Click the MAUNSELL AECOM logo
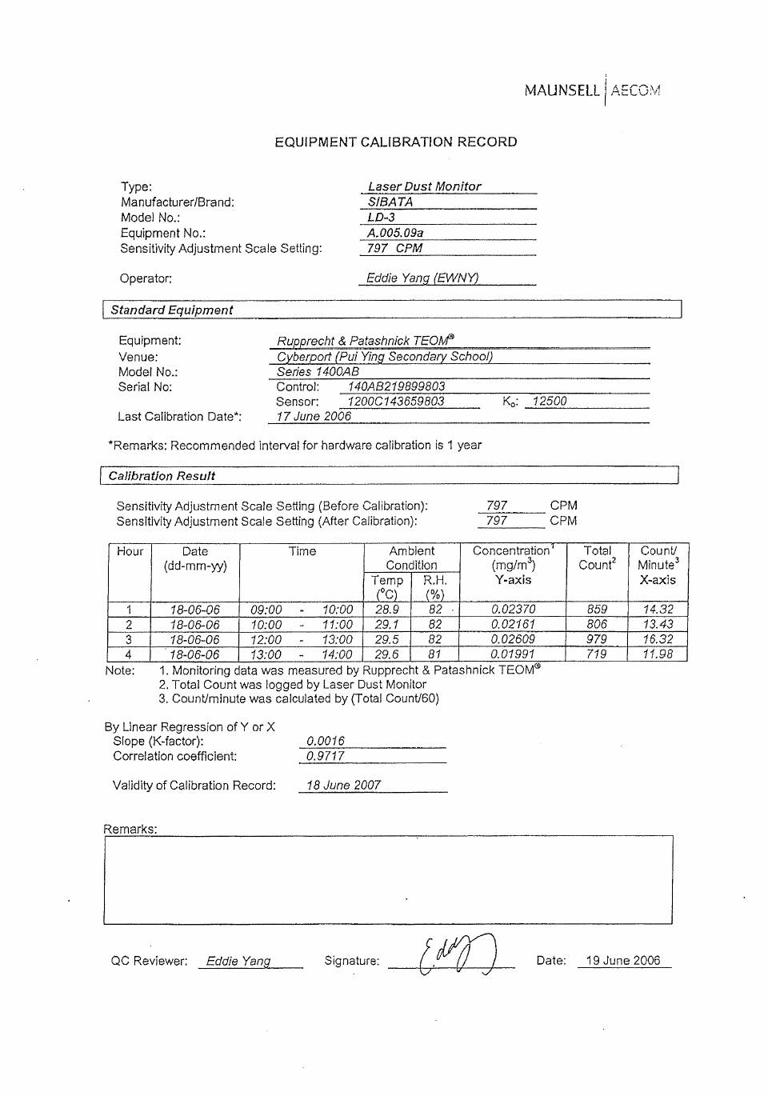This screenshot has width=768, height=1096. coord(592,90)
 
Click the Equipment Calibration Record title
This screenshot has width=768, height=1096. coord(396,142)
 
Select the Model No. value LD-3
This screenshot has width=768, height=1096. coord(382,218)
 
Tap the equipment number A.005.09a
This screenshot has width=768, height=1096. coord(395,233)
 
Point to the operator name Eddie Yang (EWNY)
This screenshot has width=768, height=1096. coord(422,278)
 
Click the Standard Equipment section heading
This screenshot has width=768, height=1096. coord(172,310)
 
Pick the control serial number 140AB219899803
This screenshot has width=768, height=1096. coord(396,386)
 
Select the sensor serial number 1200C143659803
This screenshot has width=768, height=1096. coord(396,402)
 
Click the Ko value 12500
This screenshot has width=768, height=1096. coord(550,402)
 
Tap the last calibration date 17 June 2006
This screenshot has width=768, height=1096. coord(314,417)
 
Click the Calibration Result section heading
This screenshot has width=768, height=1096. coord(162,476)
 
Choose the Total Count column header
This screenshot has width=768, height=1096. coord(597,558)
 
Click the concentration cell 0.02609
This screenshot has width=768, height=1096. coord(513,639)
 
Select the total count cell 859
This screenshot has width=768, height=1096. coord(597,609)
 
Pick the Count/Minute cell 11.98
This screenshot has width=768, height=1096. coord(658,654)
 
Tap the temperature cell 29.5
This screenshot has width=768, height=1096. coord(387,639)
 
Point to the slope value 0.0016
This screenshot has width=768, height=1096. coord(326,741)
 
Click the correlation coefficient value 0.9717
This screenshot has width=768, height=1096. coord(326,756)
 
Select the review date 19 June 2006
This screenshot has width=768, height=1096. coord(623,961)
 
